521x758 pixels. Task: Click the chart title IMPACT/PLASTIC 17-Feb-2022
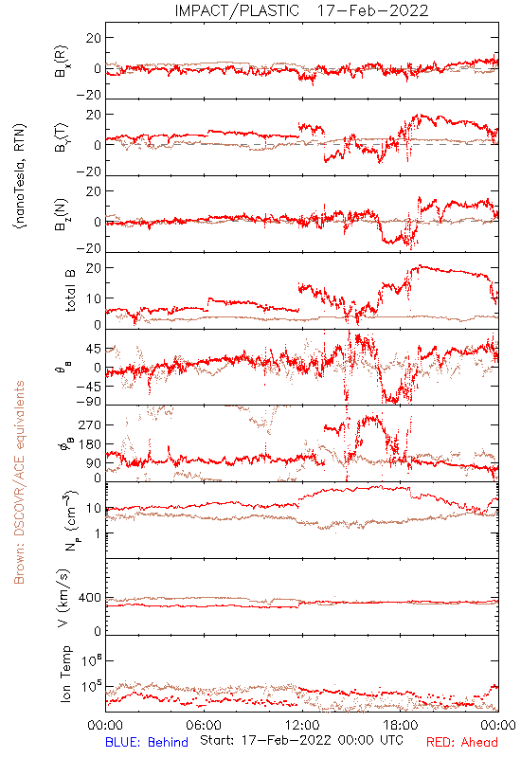[301, 10]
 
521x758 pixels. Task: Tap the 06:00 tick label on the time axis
[204, 725]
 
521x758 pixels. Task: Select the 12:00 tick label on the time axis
[302, 725]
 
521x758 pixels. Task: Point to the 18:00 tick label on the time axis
[401, 725]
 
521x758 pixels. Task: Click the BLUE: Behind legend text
[147, 742]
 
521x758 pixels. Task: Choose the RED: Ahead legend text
[462, 742]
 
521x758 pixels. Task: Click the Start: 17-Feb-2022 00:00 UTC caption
[301, 740]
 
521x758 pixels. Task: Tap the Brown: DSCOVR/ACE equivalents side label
[19, 482]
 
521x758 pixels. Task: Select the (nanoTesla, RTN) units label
[20, 176]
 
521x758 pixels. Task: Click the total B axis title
[69, 291]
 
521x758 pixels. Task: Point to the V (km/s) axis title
[64, 598]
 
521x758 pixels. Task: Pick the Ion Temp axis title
[65, 674]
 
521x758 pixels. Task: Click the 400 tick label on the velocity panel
[90, 598]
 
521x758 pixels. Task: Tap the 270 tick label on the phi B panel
[90, 424]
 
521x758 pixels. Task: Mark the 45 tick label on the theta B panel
[94, 349]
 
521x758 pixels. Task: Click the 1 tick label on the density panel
[98, 533]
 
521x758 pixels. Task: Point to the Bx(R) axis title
[63, 62]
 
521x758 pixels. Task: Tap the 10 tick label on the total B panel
[94, 298]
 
